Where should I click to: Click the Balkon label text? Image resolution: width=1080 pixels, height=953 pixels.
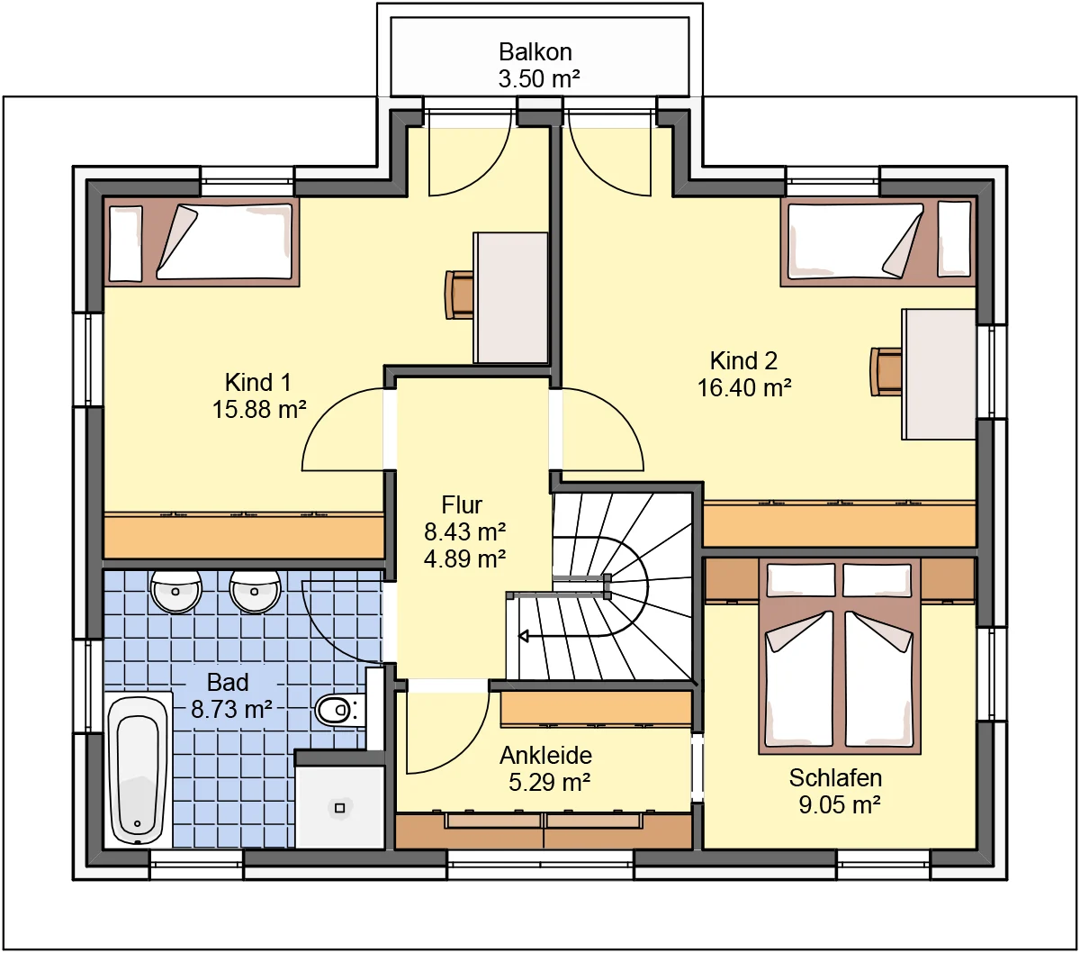535,51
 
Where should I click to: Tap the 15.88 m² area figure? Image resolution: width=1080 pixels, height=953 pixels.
259,410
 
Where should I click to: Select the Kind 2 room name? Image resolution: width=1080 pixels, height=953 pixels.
743,360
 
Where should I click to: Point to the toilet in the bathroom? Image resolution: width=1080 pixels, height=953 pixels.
339,710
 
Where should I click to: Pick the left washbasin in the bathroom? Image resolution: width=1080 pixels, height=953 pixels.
175,591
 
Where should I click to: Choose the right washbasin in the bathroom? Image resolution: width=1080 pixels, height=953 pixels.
255,591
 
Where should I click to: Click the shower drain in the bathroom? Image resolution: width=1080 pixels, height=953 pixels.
339,808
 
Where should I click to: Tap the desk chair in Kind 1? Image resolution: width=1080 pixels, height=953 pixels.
459,295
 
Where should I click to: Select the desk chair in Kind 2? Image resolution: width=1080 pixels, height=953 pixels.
886,371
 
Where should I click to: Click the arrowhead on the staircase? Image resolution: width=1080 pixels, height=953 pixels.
524,636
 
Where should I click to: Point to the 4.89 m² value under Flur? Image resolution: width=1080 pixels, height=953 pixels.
464,558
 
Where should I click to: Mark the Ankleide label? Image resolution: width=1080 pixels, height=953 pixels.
546,755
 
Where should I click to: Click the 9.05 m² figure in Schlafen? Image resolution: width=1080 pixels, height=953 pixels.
840,804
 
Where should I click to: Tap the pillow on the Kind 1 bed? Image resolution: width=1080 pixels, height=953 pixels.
126,243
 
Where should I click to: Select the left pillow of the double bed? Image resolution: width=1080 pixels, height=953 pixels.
801,581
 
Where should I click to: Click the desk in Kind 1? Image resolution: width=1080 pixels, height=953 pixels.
510,298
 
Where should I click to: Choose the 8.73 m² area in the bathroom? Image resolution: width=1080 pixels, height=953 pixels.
231,709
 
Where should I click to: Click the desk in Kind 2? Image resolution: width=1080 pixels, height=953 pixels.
939,374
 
